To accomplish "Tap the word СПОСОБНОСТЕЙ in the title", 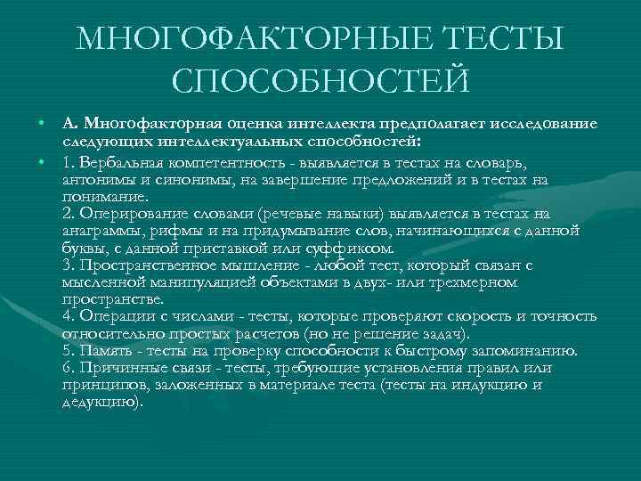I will coord(320,81).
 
